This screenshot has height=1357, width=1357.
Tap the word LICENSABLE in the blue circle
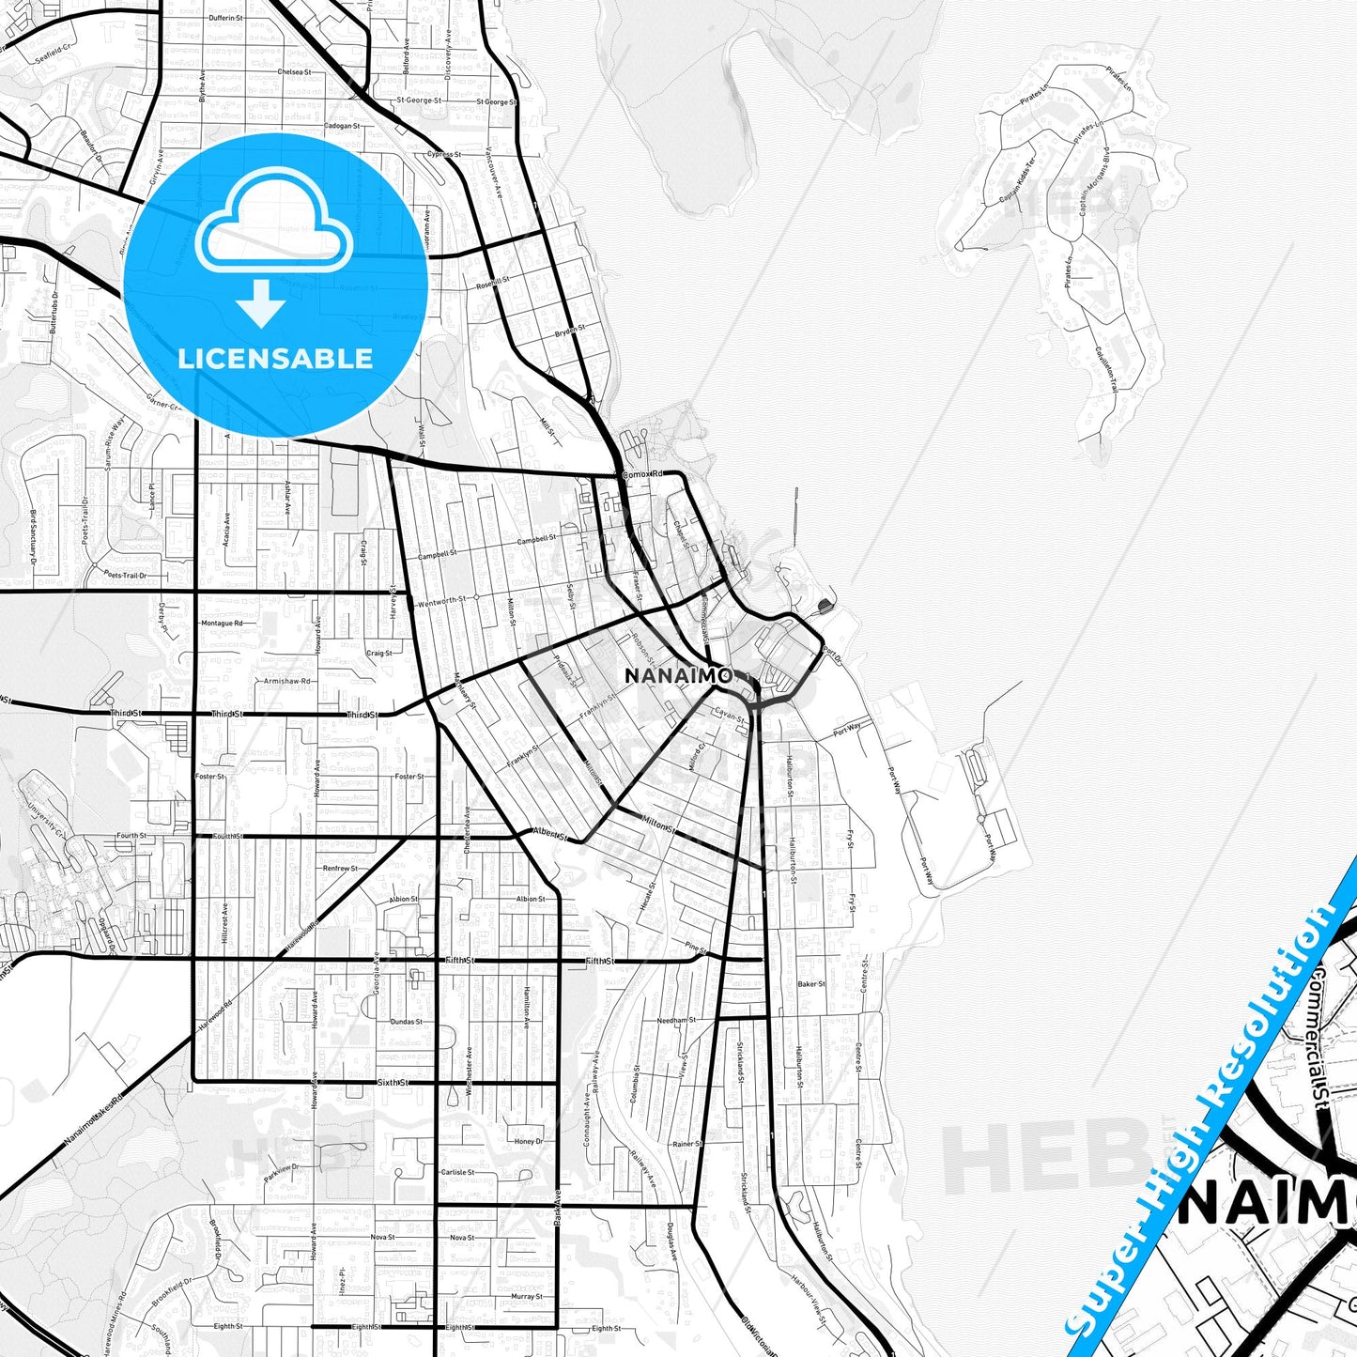pyautogui.click(x=275, y=358)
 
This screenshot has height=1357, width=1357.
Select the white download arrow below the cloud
pyautogui.click(x=261, y=302)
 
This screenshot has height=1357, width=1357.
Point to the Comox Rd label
pyautogui.click(x=642, y=474)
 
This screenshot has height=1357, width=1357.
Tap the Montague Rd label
pyautogui.click(x=222, y=623)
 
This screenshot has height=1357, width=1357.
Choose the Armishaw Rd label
pyautogui.click(x=287, y=681)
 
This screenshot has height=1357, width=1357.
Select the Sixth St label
pyautogui.click(x=393, y=1082)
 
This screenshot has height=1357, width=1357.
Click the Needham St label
pyautogui.click(x=675, y=1020)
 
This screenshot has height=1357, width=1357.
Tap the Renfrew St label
pyautogui.click(x=340, y=869)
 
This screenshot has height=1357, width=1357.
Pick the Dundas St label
pyautogui.click(x=406, y=1022)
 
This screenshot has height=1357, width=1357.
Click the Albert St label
pyautogui.click(x=550, y=833)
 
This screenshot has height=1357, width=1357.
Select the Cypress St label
pyautogui.click(x=443, y=154)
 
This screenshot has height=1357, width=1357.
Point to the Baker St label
pyautogui.click(x=810, y=984)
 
